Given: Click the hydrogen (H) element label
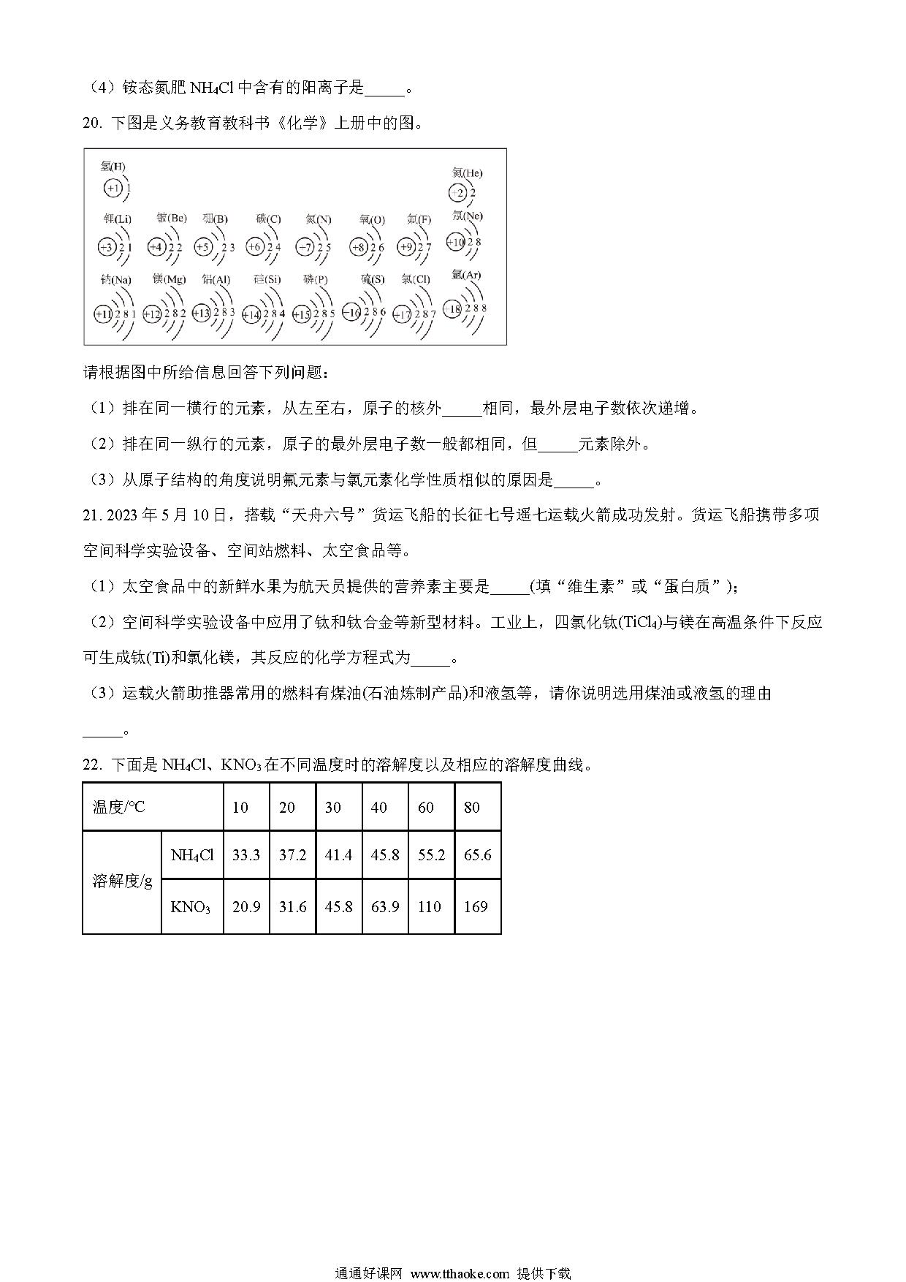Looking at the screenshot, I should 113,167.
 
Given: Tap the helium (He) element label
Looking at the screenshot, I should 467,173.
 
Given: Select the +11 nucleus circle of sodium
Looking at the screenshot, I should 103,314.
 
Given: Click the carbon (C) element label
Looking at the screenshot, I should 268,219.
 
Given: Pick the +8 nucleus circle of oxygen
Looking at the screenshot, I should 358,247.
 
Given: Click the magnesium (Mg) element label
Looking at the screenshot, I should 170,279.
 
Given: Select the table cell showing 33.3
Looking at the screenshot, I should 246,855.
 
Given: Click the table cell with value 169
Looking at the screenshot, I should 476,907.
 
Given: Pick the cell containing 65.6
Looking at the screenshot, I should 477,855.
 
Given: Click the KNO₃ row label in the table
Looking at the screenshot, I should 191,907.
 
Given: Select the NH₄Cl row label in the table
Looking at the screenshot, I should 192,855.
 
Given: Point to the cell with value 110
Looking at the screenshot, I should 430,907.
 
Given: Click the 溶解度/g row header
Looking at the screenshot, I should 122,881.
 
